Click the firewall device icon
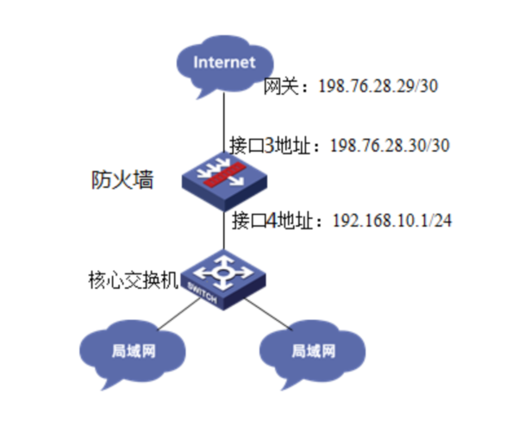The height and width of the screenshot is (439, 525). click(x=224, y=177)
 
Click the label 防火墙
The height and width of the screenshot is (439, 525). click(x=122, y=181)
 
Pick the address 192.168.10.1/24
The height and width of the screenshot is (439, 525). click(x=393, y=220)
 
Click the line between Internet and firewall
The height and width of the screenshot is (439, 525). click(x=224, y=121)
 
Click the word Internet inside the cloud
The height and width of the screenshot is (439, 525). click(x=224, y=62)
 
